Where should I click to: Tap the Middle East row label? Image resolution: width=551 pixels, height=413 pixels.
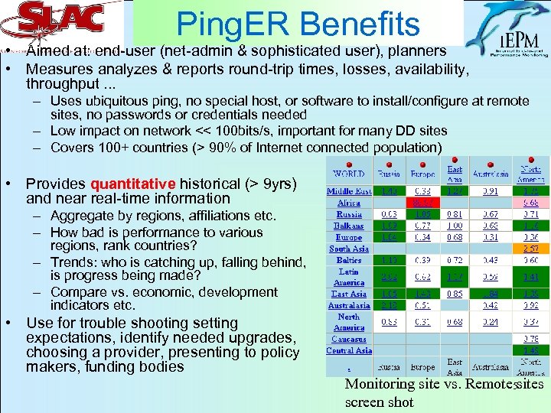(349, 190)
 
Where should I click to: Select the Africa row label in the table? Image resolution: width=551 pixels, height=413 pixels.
(349, 203)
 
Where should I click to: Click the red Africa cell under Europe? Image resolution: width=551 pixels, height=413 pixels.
(422, 203)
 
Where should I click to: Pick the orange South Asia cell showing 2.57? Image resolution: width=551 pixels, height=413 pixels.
(530, 249)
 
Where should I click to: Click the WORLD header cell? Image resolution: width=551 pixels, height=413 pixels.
(349, 174)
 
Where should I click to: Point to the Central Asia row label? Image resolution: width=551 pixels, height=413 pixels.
(349, 350)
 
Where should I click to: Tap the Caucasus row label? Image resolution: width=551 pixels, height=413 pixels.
(349, 339)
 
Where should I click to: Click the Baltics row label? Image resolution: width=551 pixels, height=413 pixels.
(349, 260)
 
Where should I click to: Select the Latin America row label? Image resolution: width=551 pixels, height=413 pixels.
(349, 276)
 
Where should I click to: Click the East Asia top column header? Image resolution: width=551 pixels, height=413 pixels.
(455, 174)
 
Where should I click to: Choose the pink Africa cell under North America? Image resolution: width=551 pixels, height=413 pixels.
(530, 203)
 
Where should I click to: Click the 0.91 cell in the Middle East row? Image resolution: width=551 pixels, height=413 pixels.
(491, 190)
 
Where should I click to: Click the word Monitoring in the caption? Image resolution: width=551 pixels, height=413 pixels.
(379, 385)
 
